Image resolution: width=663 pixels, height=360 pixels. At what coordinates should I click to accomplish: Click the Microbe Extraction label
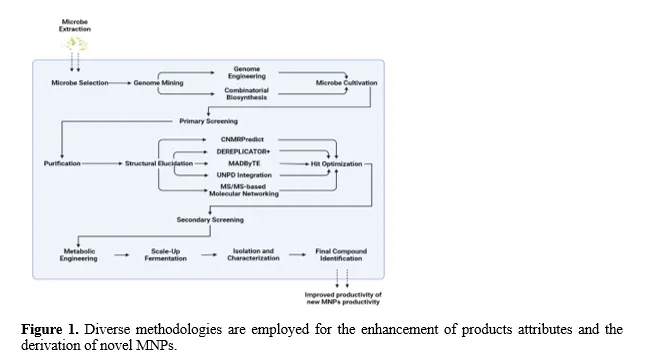(75, 25)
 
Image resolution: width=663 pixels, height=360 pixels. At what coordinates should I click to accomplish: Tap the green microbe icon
(75, 43)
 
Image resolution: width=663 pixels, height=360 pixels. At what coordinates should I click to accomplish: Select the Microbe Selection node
(80, 83)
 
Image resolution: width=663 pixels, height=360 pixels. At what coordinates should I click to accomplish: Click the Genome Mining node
(159, 83)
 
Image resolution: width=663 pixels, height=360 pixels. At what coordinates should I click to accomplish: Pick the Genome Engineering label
(247, 72)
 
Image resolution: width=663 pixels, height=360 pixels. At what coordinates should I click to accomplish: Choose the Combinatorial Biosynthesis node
(247, 94)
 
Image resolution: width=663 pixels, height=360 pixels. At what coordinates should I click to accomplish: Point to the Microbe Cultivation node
(346, 83)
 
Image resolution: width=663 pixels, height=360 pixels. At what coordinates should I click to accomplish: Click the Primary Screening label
(208, 121)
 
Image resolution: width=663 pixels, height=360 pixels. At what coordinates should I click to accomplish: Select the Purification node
(62, 164)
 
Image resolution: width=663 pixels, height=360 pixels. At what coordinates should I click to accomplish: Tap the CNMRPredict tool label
(242, 139)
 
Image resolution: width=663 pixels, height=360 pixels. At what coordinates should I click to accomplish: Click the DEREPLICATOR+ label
(243, 151)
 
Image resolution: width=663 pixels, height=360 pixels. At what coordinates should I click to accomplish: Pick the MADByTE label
(244, 163)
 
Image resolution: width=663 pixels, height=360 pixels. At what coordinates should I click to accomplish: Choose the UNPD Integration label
(244, 175)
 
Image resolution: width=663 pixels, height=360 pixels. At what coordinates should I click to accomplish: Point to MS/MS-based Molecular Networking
(244, 190)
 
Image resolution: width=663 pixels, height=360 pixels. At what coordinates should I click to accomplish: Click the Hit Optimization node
(337, 164)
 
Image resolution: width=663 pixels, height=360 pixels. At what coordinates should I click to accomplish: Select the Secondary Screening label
(210, 220)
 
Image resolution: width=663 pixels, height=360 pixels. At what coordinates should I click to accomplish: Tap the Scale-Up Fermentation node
(165, 255)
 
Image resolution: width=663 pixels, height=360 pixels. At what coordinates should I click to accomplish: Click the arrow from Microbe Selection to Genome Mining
(120, 83)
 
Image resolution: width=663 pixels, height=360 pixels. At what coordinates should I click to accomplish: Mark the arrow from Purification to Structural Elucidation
(101, 164)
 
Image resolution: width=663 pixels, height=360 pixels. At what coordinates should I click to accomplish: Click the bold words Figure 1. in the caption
(50, 329)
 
